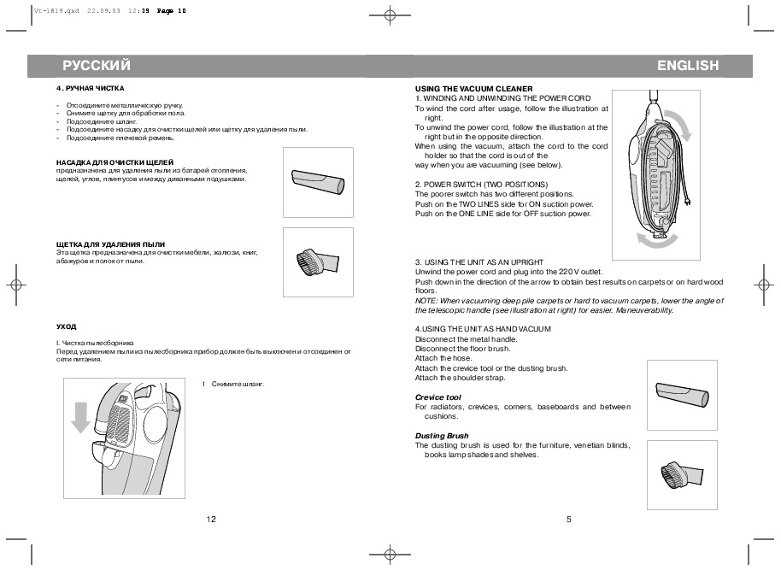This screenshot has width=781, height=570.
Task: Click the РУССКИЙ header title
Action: click(97, 65)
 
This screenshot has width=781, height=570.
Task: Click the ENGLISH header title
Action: click(688, 65)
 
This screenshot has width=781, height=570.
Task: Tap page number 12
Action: click(211, 520)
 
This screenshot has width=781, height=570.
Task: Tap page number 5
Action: click(569, 520)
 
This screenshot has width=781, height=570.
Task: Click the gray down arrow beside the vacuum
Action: click(80, 418)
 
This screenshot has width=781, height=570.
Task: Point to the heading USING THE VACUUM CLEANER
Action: click(473, 89)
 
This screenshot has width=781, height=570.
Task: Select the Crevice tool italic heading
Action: click(437, 397)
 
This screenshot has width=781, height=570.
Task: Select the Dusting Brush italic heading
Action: click(442, 436)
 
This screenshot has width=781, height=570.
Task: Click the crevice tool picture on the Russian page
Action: click(318, 182)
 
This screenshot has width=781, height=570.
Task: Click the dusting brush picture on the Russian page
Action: click(318, 261)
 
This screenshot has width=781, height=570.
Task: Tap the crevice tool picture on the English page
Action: click(682, 395)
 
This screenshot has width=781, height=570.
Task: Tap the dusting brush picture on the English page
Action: click(682, 474)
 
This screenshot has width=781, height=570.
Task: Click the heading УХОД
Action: click(67, 326)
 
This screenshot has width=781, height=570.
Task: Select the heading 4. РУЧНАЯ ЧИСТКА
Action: click(91, 88)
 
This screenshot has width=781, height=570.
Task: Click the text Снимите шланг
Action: click(238, 385)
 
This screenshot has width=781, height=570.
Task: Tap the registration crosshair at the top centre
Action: click(390, 15)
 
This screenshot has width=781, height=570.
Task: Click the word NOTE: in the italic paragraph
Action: click(426, 301)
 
